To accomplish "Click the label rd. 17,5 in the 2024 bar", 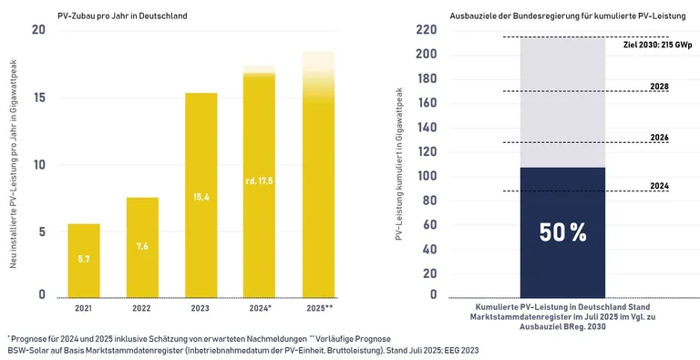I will pyautogui.click(x=258, y=181).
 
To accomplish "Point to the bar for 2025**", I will pyautogui.click(x=318, y=182).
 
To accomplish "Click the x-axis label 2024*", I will pyautogui.click(x=259, y=309).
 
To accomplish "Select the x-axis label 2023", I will pyautogui.click(x=201, y=309).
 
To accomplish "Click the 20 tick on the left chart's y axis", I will pyautogui.click(x=37, y=31).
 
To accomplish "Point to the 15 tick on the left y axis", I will pyautogui.click(x=37, y=98).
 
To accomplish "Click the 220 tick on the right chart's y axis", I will pyautogui.click(x=426, y=30).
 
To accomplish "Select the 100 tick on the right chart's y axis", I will pyautogui.click(x=426, y=176).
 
